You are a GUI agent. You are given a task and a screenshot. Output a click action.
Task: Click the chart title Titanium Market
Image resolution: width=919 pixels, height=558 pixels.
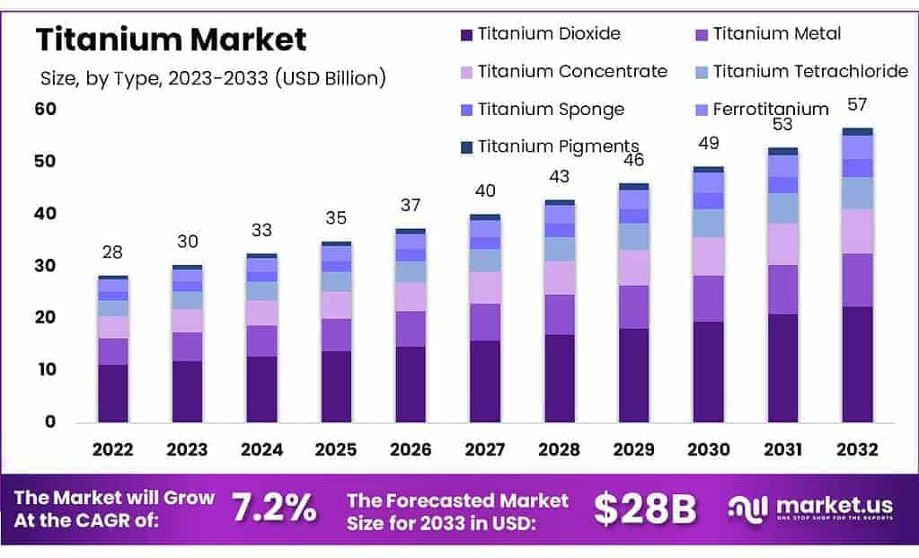pos(171,40)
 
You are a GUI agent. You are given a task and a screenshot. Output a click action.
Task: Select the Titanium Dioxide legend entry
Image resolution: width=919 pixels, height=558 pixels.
pos(548,34)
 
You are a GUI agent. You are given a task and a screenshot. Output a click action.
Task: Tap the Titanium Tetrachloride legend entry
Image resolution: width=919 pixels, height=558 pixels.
pos(809,71)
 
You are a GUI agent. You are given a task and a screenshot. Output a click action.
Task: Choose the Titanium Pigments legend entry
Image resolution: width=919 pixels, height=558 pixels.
pos(557,146)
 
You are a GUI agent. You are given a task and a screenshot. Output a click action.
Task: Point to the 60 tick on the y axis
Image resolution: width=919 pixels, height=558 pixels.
pos(46,110)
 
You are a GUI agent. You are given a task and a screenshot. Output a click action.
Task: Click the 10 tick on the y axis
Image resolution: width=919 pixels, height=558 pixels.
pos(45,369)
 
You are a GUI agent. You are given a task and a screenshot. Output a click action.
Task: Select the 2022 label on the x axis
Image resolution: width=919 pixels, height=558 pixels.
pos(113,449)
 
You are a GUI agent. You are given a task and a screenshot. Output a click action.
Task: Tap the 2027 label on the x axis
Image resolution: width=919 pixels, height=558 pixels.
pos(484,449)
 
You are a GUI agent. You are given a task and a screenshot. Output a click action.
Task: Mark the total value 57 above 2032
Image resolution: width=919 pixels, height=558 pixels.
pos(857,105)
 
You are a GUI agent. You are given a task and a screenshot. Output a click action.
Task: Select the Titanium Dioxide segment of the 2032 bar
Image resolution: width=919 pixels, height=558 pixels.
pos(857,364)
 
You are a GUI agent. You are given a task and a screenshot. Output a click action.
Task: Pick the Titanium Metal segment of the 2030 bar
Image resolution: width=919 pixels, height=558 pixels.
pos(708,298)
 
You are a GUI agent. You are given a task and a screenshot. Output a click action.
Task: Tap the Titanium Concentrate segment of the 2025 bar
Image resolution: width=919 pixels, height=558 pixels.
pos(336,305)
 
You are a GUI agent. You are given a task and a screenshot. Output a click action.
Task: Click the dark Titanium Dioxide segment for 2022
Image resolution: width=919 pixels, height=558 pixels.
pos(113,393)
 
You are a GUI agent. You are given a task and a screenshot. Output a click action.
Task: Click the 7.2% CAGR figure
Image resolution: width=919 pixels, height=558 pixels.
pos(274,509)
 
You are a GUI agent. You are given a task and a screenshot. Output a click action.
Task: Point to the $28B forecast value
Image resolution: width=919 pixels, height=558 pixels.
pos(645,509)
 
